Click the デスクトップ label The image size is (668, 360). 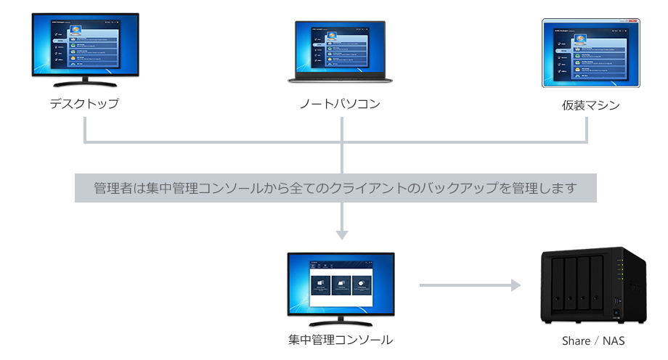coord(84,104)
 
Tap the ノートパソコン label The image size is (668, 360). coord(340,105)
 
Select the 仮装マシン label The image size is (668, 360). coord(590,106)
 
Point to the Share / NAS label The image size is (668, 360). coord(592,340)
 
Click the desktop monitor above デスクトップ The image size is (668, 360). coord(83,44)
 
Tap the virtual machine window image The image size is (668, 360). coord(590,52)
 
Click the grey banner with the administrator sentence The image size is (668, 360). coord(335,189)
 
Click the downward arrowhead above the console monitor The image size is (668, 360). coord(341,234)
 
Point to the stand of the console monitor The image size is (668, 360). coord(341,321)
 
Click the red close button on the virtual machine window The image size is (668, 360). coord(633,21)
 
